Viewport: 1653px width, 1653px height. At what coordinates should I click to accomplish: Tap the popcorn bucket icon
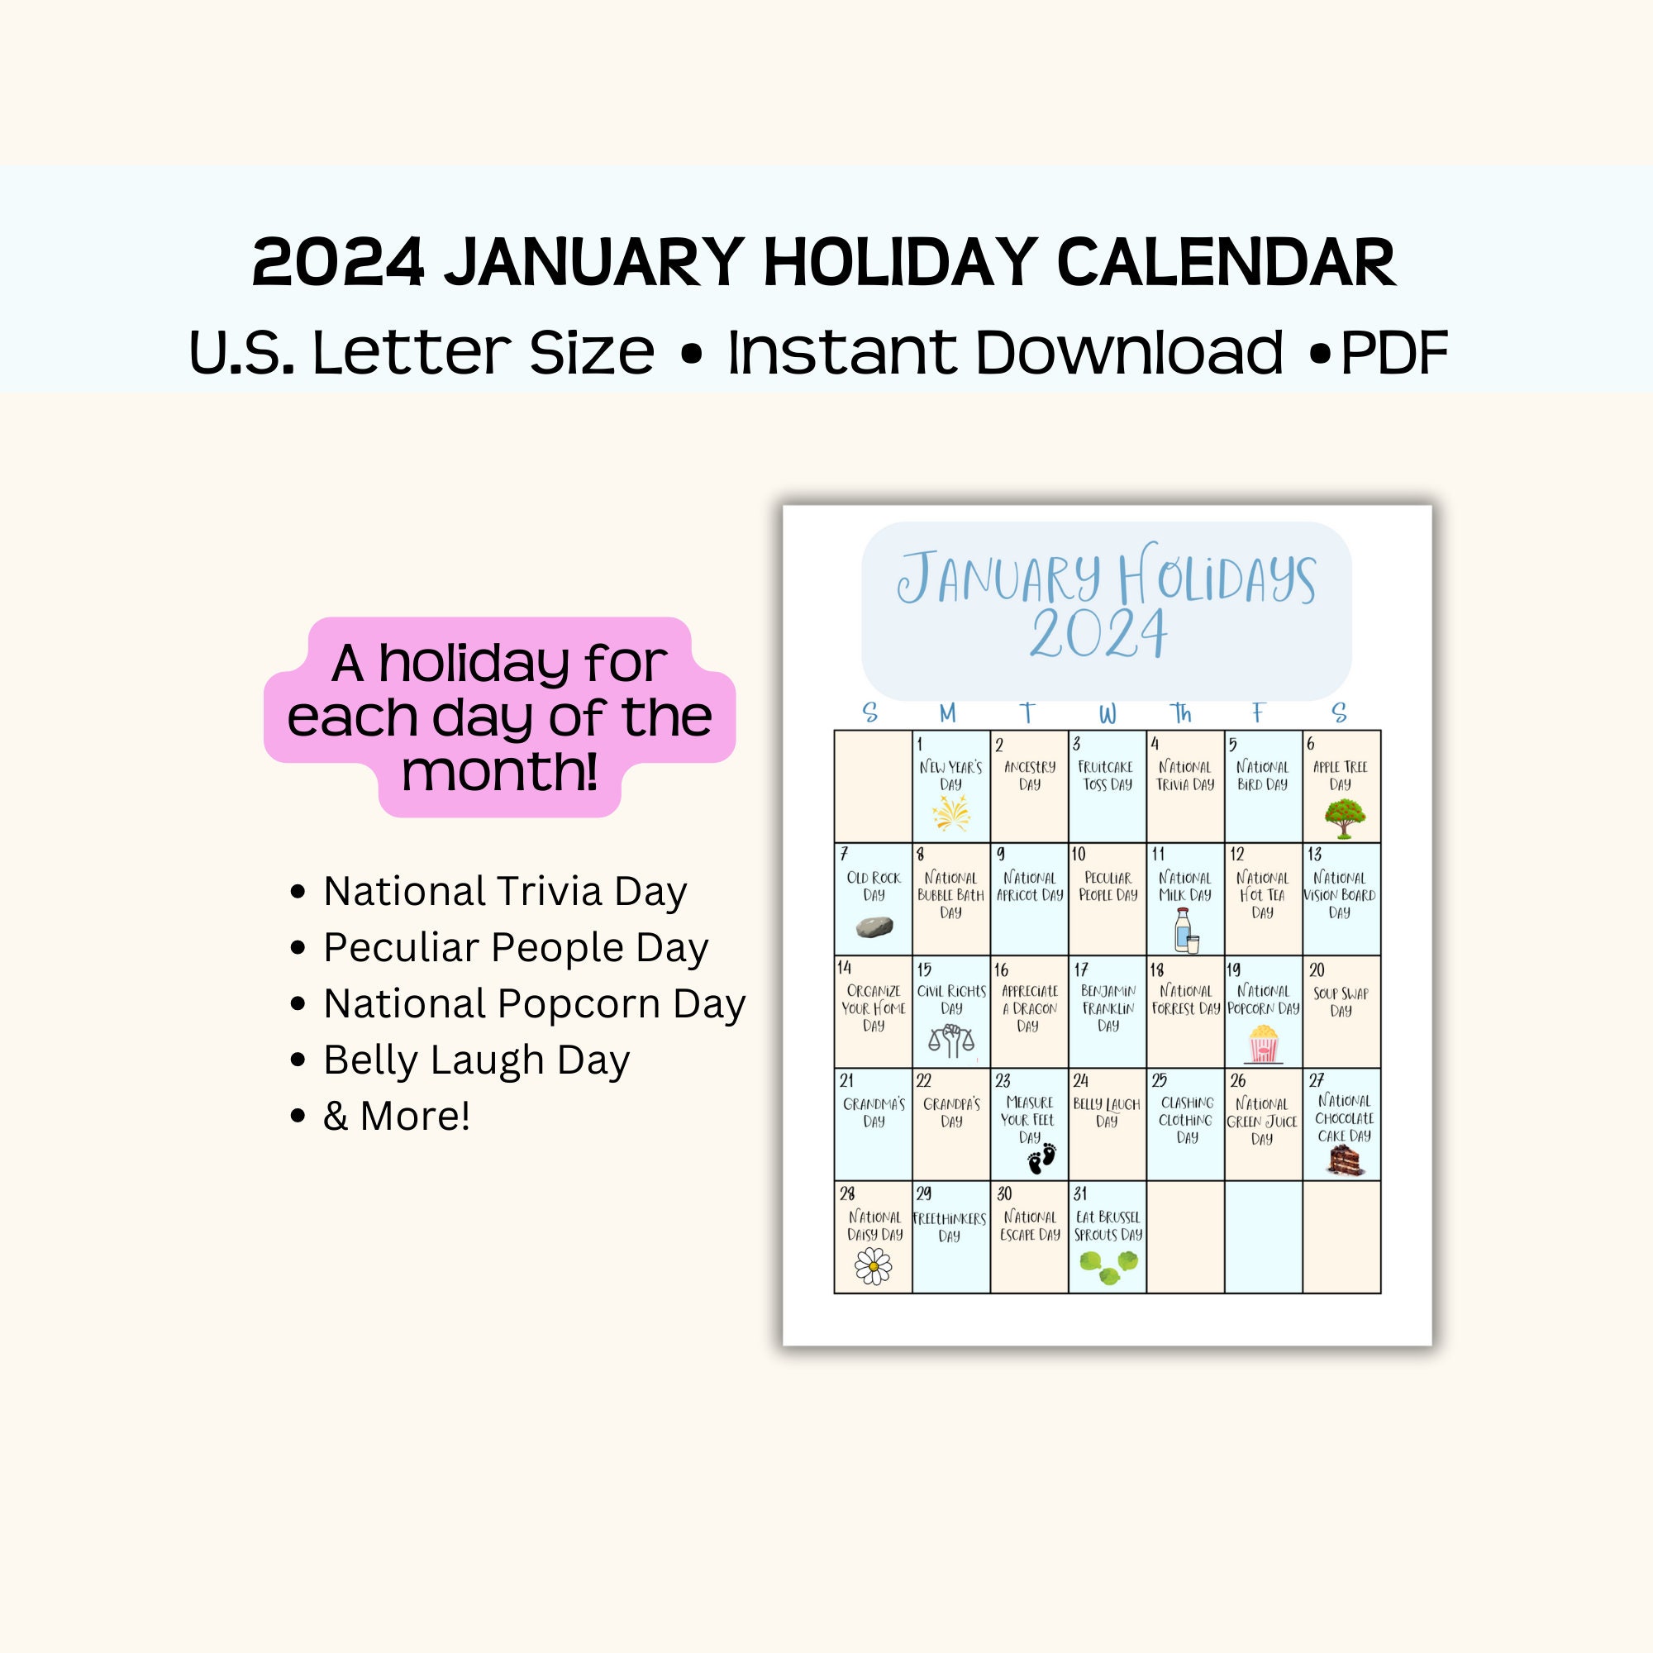click(x=1263, y=1043)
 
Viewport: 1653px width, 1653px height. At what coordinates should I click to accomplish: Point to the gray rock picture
click(x=874, y=927)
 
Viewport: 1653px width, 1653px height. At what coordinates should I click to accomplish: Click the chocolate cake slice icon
click(x=1344, y=1160)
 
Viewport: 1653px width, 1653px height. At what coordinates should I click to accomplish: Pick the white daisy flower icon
click(x=873, y=1266)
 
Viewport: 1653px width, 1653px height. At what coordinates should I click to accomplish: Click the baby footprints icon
click(x=1042, y=1159)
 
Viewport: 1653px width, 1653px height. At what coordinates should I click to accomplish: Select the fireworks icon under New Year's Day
click(x=950, y=812)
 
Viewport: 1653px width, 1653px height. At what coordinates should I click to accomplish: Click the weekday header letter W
click(x=1108, y=713)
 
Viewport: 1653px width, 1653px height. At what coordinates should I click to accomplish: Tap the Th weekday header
click(x=1182, y=712)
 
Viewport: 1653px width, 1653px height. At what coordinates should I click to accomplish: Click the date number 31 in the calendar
click(x=1080, y=1193)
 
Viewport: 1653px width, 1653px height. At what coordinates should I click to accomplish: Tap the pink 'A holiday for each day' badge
click(x=500, y=717)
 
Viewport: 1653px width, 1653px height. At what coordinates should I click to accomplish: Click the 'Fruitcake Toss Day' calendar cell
click(x=1108, y=786)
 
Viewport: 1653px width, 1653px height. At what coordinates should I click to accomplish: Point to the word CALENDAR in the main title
click(x=1226, y=262)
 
